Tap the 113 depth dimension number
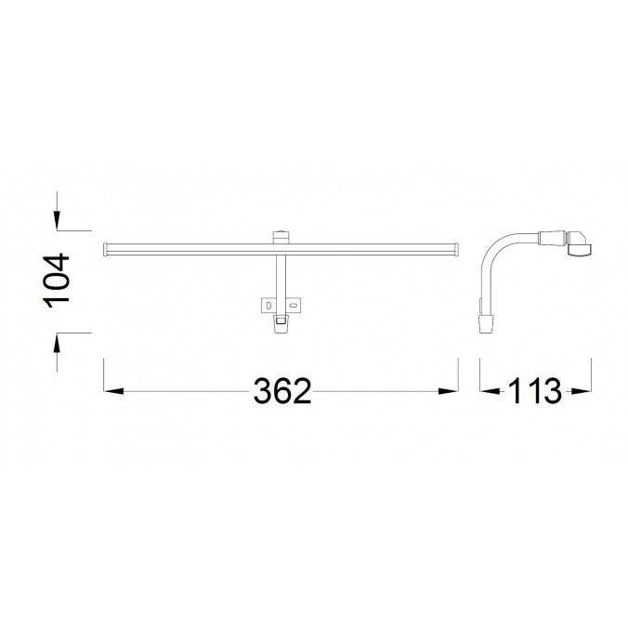[x=534, y=391]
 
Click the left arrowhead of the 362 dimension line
[x=111, y=392]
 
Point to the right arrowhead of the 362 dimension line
[x=452, y=392]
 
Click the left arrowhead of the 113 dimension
[x=487, y=392]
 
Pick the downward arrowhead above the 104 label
[x=58, y=221]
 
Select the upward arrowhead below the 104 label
[x=58, y=341]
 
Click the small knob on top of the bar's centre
[x=281, y=235]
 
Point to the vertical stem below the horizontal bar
[x=280, y=274]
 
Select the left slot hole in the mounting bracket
[x=268, y=304]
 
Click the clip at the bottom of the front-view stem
[x=281, y=321]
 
